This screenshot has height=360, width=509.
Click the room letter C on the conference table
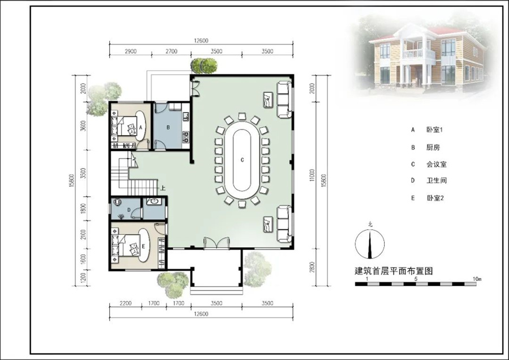click(x=242, y=160)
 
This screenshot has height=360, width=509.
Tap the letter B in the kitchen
click(x=168, y=127)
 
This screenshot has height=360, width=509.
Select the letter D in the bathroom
click(x=129, y=210)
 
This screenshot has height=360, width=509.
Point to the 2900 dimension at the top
click(x=130, y=52)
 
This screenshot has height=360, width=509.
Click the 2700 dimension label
click(x=171, y=52)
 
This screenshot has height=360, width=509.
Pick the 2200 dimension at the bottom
click(x=126, y=303)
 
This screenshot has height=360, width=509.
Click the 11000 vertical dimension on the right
click(x=313, y=175)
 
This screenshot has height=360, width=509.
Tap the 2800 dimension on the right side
click(x=313, y=267)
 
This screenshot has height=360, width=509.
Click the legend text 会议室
click(x=437, y=164)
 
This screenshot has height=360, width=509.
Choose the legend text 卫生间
click(x=437, y=181)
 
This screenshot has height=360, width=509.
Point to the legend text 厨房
click(x=433, y=148)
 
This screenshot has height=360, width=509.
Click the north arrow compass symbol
click(x=370, y=243)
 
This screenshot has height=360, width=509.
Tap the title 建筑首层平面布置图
click(x=394, y=271)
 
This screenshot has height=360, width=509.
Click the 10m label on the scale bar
click(x=477, y=278)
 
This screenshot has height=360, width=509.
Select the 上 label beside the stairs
click(x=163, y=188)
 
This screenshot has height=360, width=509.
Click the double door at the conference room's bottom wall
click(x=217, y=243)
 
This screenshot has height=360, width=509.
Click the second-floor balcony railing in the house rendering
click(x=419, y=54)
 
